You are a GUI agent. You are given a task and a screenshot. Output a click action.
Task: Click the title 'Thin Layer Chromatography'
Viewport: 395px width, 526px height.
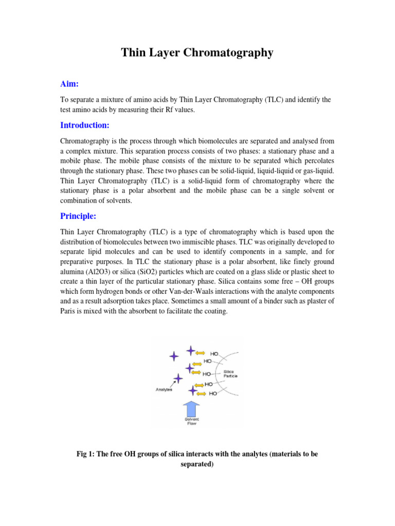tap(197, 52)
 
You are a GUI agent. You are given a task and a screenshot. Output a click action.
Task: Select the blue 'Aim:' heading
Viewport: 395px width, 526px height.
tap(70, 84)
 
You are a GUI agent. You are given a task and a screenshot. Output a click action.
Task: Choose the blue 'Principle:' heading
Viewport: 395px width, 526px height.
tap(78, 216)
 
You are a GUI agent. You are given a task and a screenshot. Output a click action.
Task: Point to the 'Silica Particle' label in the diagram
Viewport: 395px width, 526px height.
tap(230, 373)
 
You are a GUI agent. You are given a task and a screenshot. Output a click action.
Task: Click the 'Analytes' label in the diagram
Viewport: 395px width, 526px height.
tap(164, 389)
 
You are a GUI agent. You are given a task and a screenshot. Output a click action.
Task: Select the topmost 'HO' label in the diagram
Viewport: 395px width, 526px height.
tap(213, 353)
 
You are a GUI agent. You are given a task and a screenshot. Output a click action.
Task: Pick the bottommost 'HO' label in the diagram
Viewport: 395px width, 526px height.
tap(212, 394)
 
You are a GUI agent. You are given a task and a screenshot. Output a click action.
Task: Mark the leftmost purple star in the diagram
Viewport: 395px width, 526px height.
tap(174, 355)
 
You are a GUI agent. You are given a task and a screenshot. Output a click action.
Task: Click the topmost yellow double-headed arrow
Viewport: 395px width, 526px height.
tap(201, 352)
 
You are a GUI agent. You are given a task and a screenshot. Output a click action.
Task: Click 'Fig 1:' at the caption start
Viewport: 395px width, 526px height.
tap(86, 454)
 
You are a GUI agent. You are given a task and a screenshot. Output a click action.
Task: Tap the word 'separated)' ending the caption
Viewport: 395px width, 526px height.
tap(197, 464)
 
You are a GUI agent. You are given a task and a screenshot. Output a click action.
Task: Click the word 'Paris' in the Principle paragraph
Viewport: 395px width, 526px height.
tap(69, 311)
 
